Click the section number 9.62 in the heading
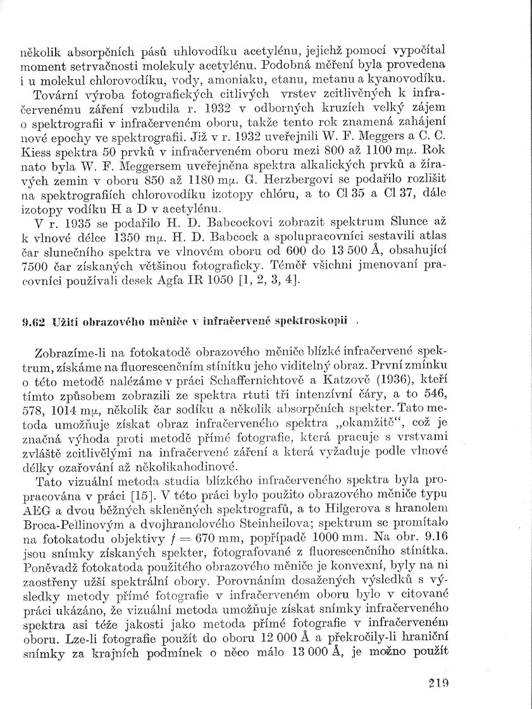(x=32, y=321)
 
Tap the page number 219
(x=438, y=682)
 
